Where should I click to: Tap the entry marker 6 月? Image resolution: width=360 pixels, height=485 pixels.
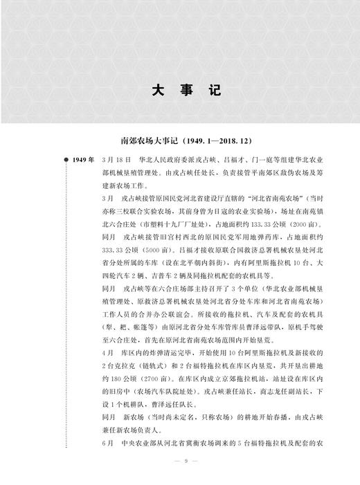(106, 442)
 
